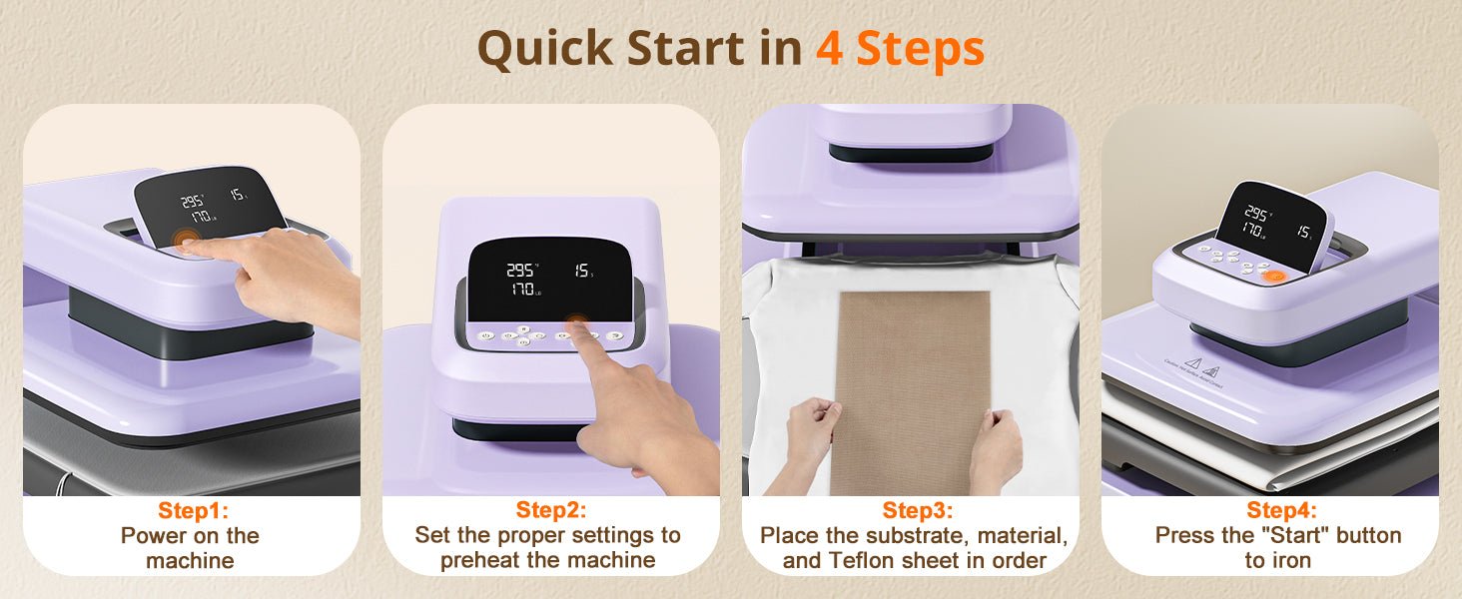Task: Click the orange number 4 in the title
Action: pyautogui.click(x=829, y=49)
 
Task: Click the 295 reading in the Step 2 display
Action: pyautogui.click(x=520, y=271)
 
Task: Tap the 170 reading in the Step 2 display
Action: pyautogui.click(x=521, y=291)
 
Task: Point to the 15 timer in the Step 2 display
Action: pyautogui.click(x=580, y=271)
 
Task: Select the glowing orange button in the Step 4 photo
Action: pyautogui.click(x=1272, y=274)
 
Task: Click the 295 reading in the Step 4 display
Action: pyautogui.click(x=1255, y=214)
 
